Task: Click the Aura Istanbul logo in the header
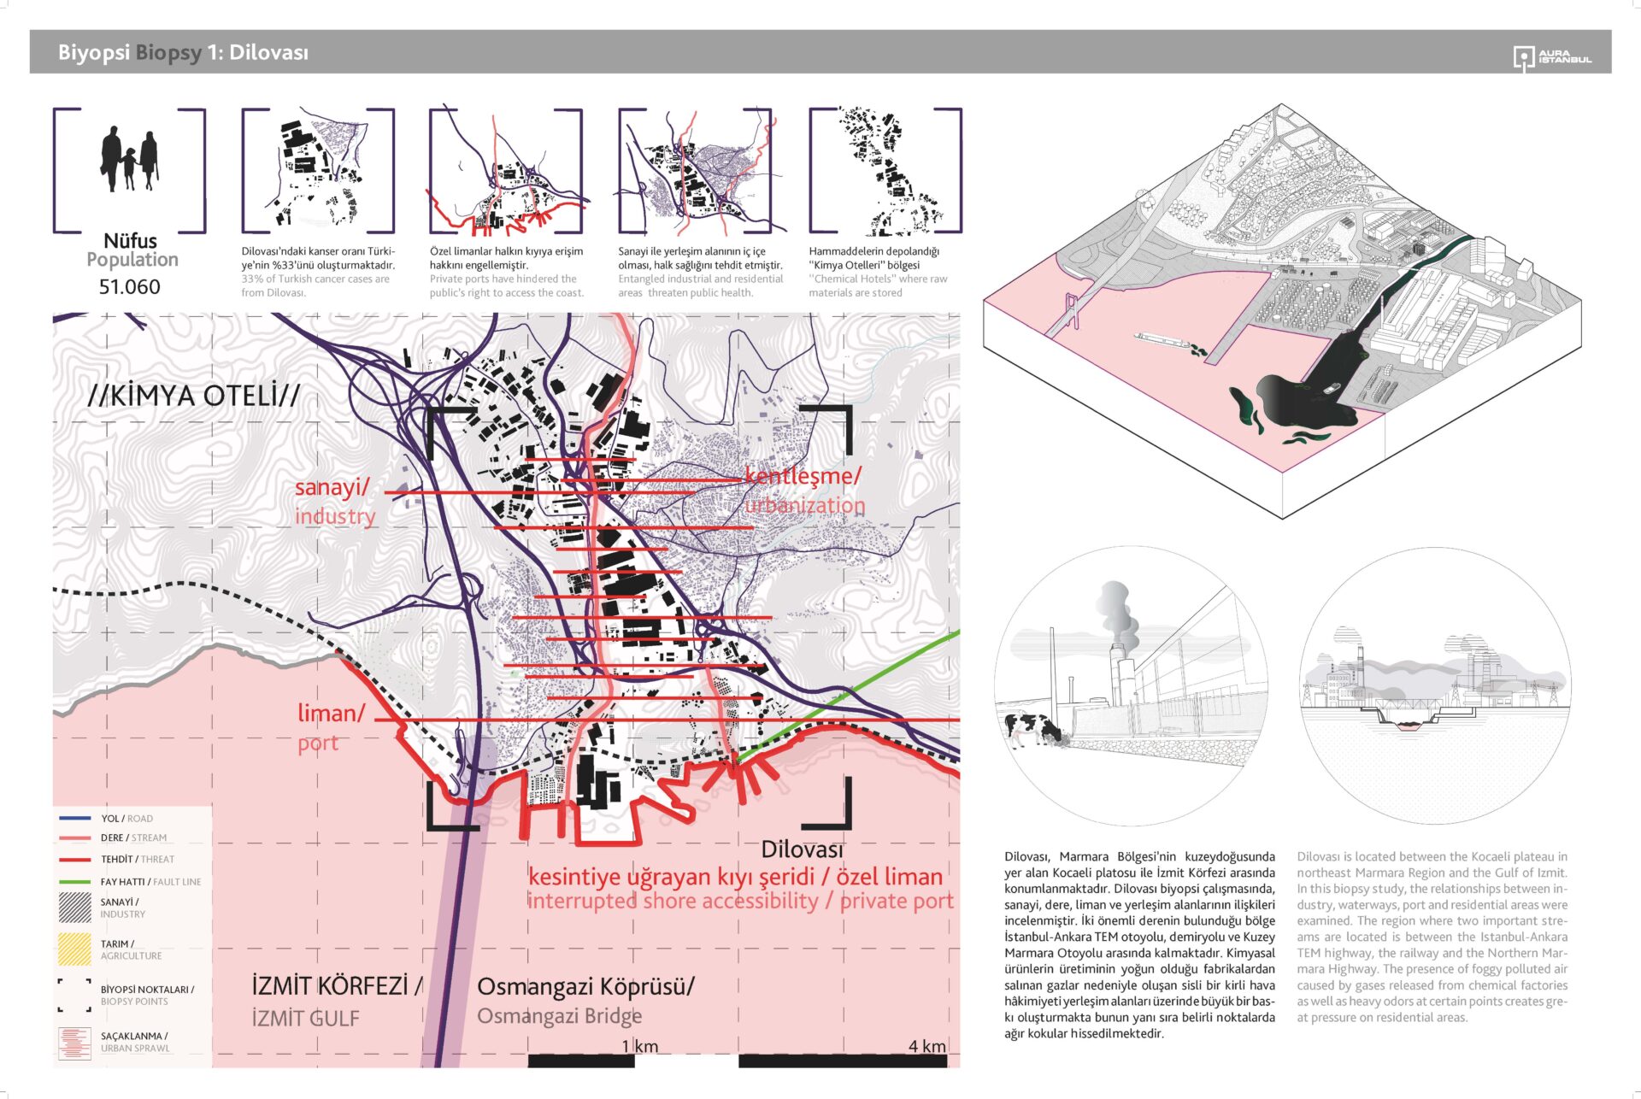click(x=1551, y=57)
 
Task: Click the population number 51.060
click(x=129, y=287)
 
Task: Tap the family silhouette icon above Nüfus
click(x=129, y=159)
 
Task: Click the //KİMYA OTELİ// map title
click(x=193, y=396)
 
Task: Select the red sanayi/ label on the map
click(x=332, y=487)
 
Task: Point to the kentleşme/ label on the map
click(x=803, y=476)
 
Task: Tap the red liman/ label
click(x=331, y=713)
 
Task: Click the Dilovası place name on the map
click(x=801, y=849)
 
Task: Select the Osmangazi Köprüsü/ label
click(x=585, y=986)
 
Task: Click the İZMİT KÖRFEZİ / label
click(x=337, y=985)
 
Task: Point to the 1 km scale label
click(x=639, y=1046)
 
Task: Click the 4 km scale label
click(x=926, y=1046)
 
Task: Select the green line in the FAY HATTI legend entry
click(x=74, y=882)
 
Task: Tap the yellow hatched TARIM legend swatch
click(x=74, y=949)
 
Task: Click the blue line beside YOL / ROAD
click(x=74, y=819)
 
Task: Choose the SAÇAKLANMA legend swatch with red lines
click(x=74, y=1043)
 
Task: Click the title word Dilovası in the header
click(x=268, y=52)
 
